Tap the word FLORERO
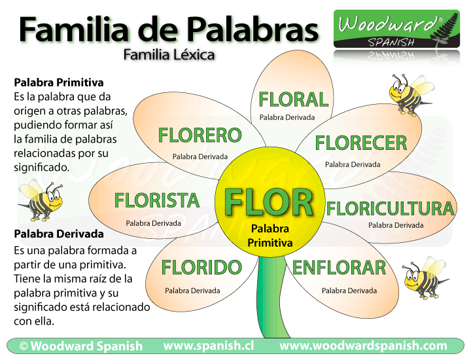200,135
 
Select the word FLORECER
360,143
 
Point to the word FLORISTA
157,200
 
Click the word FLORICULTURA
390,209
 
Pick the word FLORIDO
192,268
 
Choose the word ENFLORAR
339,268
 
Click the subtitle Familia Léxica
169,55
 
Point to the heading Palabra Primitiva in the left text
58,83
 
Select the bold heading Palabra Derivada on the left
58,234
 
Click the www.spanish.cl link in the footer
208,346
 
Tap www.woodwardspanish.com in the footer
363,346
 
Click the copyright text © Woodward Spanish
80,346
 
